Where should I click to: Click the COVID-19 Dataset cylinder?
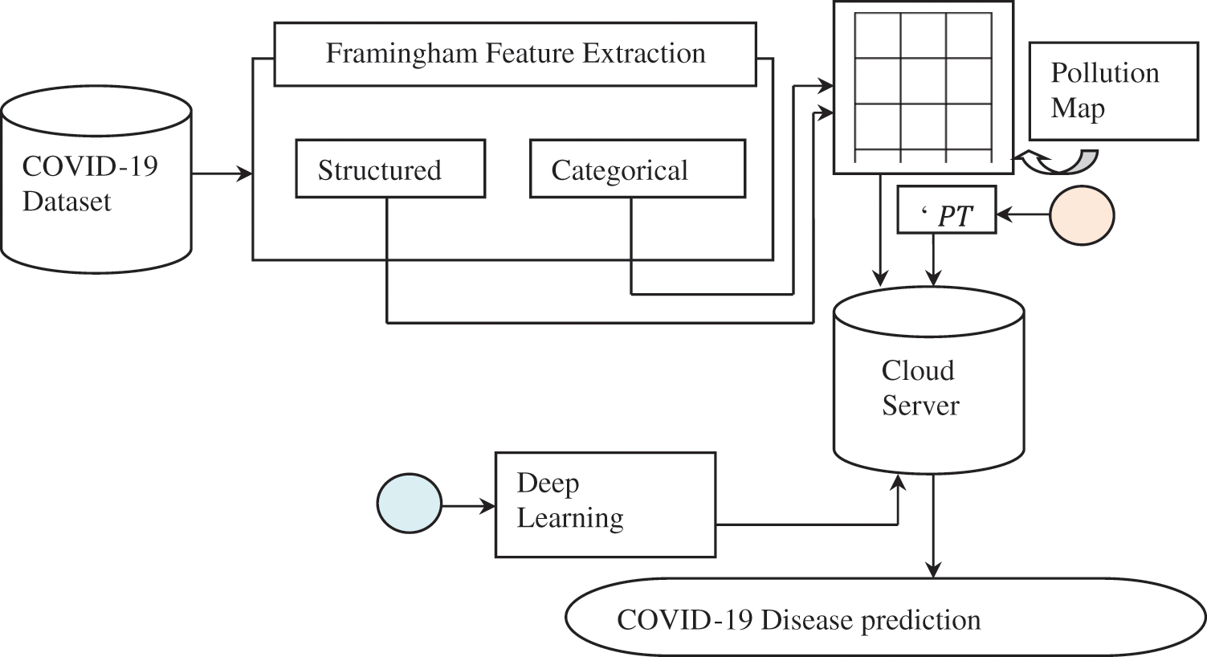coord(96,185)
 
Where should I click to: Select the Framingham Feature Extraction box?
coord(515,54)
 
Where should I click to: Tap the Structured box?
coord(390,169)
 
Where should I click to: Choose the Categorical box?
coord(637,169)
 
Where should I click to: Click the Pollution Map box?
coord(1113,91)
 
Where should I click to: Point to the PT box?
coord(946,215)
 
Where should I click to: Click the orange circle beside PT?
coord(1082,215)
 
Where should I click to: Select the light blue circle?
coord(410,504)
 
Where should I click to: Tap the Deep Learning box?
coord(605,504)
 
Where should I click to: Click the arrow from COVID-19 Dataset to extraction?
coord(222,173)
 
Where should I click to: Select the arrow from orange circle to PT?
coord(1023,214)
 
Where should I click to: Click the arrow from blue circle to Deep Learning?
coord(468,506)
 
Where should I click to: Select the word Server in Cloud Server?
coord(920,405)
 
